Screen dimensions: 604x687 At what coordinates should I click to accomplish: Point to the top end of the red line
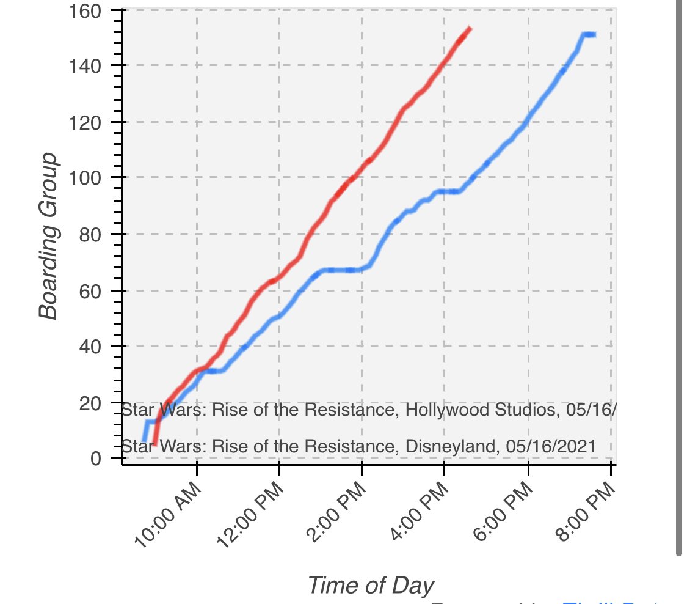click(469, 28)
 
